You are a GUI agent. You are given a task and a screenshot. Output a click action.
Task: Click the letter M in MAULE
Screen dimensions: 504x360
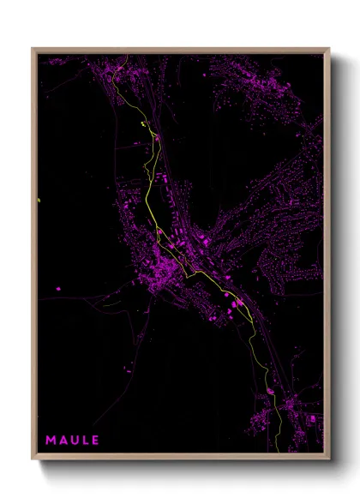pyautogui.click(x=51, y=440)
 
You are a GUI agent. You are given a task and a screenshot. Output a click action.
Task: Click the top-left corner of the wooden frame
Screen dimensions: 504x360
pyautogui.click(x=33, y=49)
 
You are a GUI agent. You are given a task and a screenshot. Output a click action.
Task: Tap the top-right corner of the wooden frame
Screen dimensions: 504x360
pyautogui.click(x=329, y=49)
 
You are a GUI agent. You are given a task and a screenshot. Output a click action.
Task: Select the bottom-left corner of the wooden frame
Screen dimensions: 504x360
pyautogui.click(x=33, y=459)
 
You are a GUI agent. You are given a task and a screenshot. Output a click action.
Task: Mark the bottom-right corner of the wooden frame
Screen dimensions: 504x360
pyautogui.click(x=329, y=459)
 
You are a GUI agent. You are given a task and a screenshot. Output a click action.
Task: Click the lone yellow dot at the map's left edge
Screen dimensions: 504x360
pyautogui.click(x=39, y=201)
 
